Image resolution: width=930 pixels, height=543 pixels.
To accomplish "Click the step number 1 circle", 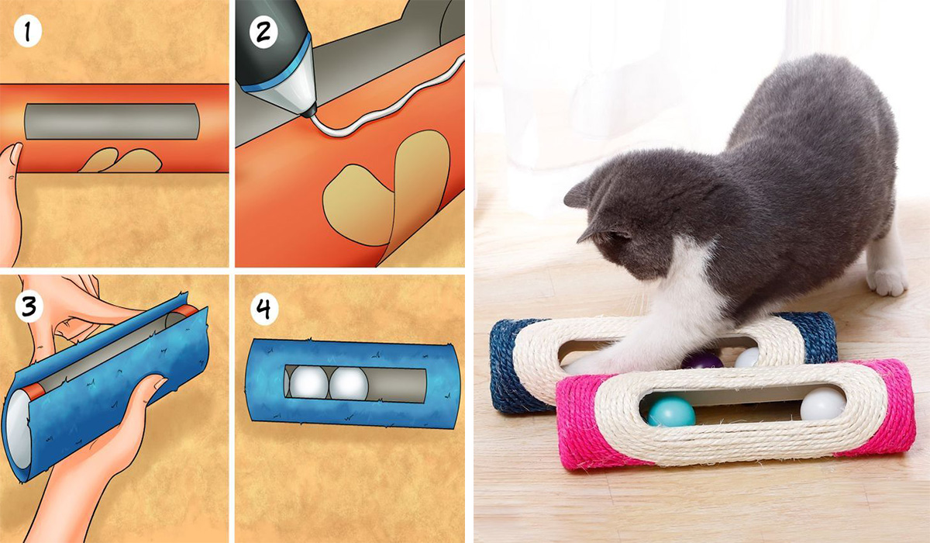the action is coord(28,32).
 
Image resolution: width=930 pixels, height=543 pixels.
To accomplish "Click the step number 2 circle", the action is coord(263,32).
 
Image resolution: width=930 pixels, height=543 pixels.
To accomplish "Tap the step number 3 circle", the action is coord(29,306).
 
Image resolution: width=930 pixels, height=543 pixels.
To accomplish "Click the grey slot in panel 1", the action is coord(112,121).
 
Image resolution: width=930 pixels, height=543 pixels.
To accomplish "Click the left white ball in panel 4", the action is coord(308,382).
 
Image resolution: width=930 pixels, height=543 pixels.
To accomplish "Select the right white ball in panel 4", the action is coord(349,383).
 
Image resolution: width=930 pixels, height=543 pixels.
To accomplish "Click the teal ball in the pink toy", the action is coord(671,411).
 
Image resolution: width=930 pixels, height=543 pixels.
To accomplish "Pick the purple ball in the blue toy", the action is coord(701,361).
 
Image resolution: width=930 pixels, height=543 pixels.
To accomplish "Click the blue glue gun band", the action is coord(276,68).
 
